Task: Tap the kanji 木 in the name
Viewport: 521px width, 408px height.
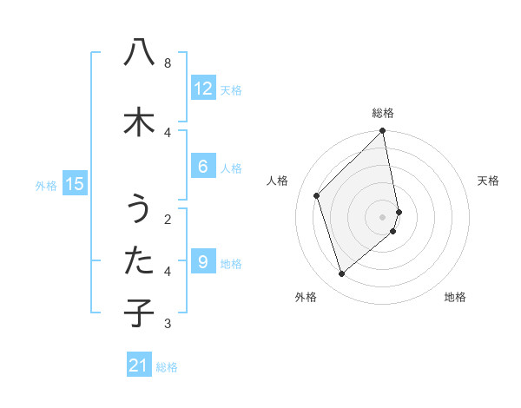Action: (x=138, y=121)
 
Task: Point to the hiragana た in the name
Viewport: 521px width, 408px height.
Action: (x=138, y=260)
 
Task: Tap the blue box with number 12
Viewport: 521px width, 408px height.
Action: (x=202, y=88)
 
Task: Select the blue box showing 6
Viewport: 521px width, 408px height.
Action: (x=202, y=167)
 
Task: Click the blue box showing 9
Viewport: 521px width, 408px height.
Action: (x=202, y=262)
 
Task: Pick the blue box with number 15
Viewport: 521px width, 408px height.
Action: (x=75, y=183)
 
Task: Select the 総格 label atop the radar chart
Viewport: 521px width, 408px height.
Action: (x=383, y=113)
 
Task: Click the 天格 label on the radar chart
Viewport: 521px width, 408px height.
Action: (x=488, y=181)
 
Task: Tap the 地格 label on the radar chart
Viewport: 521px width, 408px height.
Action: (x=455, y=297)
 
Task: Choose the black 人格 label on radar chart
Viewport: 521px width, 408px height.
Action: (x=278, y=181)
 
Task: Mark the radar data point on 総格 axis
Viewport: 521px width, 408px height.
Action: (x=383, y=131)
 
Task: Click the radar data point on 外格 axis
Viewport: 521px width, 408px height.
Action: (x=341, y=274)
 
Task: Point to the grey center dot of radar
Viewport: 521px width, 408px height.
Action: (x=383, y=216)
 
